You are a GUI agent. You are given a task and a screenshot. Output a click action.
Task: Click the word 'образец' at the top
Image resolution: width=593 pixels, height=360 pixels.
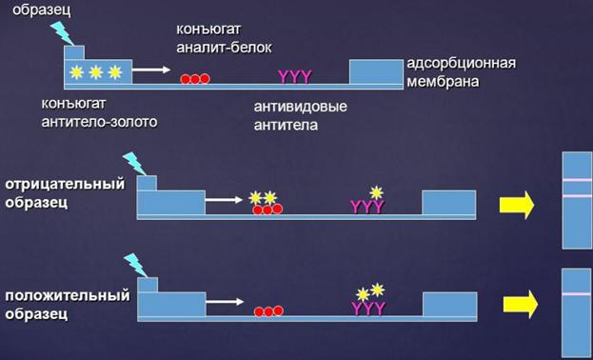[42, 10]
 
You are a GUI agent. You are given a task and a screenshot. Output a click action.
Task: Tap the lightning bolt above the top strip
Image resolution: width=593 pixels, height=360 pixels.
[63, 33]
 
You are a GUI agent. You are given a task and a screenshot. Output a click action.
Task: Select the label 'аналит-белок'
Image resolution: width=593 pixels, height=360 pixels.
[224, 48]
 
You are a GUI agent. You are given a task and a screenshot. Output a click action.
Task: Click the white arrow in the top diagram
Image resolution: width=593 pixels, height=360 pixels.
[151, 70]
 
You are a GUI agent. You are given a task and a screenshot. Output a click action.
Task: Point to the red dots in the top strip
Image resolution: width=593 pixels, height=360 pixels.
[195, 79]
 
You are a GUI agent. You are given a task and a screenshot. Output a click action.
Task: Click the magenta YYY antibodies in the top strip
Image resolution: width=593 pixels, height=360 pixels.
[295, 76]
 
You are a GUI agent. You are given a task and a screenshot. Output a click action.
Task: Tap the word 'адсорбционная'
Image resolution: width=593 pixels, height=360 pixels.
[462, 63]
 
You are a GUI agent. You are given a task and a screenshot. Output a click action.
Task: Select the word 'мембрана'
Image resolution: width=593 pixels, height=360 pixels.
[443, 81]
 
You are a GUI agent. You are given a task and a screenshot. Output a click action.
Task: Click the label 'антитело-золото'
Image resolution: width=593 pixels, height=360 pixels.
[99, 122]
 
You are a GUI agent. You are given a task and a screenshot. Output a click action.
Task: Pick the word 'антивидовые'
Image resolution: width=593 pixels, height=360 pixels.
[300, 107]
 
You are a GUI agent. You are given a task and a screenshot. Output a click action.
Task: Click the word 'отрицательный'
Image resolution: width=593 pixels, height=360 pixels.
[65, 185]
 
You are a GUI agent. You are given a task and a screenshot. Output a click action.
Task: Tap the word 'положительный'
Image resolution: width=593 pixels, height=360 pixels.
[68, 295]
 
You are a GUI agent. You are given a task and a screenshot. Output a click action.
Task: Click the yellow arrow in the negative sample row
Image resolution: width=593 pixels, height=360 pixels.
[517, 205]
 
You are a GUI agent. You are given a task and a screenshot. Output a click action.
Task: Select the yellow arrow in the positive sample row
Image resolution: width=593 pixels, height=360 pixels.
[521, 304]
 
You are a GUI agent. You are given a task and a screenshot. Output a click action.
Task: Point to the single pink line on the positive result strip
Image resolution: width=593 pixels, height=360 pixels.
[577, 293]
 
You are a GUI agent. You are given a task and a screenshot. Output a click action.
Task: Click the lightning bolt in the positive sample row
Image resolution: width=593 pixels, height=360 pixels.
[135, 266]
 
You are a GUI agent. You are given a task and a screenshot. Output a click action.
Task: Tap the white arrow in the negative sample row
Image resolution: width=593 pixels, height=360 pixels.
[224, 199]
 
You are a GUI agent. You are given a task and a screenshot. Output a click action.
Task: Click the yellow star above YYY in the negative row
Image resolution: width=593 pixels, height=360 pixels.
[376, 192]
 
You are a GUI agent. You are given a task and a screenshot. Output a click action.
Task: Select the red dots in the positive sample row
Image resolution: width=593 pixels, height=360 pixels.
[268, 311]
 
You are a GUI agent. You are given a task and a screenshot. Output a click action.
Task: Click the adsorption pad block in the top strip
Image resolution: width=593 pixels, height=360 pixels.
[376, 71]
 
